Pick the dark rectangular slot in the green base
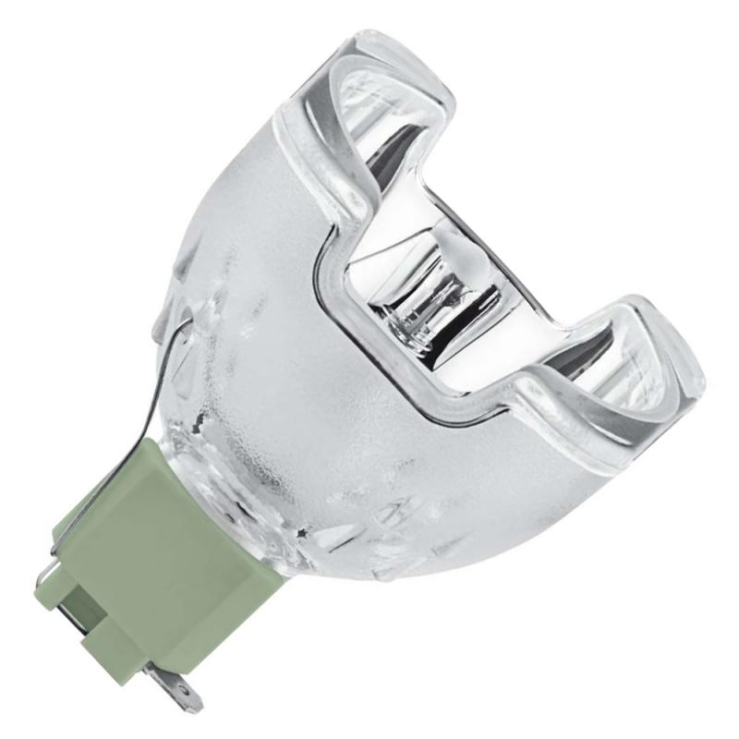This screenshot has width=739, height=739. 102,637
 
